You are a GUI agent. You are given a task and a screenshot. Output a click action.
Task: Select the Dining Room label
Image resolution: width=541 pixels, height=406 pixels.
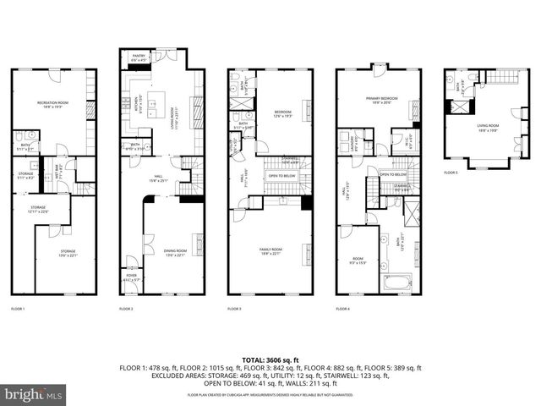[x=176, y=251]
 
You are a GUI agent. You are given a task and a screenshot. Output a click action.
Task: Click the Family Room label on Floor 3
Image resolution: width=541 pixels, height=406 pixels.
[x=270, y=251]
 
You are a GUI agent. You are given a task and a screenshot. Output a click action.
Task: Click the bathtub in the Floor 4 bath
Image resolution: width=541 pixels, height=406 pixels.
[x=396, y=281]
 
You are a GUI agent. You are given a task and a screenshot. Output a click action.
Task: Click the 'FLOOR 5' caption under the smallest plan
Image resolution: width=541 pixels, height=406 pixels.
[x=451, y=173]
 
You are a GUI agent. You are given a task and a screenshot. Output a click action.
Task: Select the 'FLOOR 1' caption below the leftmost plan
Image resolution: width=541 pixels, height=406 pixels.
[x=18, y=309]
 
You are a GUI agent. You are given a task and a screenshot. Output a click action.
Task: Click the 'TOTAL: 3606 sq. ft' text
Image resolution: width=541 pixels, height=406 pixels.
[x=270, y=359]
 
